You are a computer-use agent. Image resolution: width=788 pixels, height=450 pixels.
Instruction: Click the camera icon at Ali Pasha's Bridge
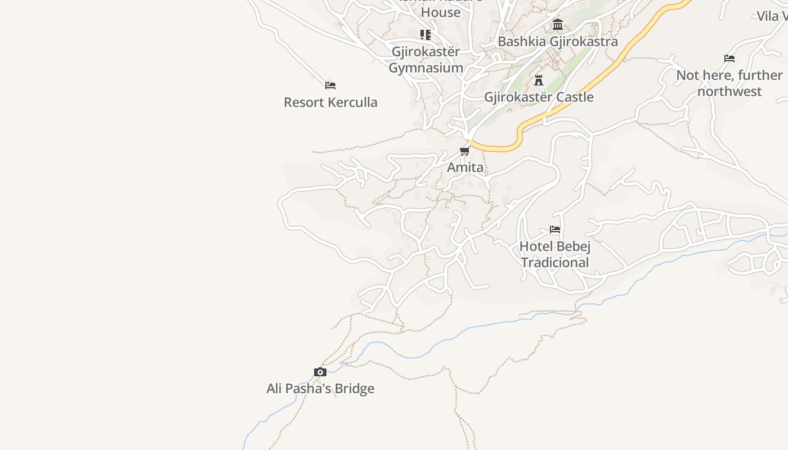[x=320, y=372]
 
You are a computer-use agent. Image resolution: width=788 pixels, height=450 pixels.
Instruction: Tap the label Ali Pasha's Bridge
[x=320, y=389]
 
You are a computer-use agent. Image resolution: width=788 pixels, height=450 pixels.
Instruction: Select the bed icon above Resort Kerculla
[x=330, y=85]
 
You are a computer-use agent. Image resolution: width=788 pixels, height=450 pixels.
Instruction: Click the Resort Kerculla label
[x=330, y=102]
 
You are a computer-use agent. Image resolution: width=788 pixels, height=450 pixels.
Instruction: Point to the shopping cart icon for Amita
[x=464, y=151]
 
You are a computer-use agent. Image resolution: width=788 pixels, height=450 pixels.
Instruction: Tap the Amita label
[x=465, y=168]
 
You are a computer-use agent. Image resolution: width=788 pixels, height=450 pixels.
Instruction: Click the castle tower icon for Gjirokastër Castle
[x=539, y=80]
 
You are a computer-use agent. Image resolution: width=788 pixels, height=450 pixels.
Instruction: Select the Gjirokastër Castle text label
[x=539, y=97]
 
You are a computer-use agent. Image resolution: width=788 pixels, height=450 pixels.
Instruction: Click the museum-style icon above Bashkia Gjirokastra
[x=558, y=24]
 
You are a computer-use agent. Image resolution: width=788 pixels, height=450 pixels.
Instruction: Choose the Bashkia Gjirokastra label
[x=557, y=41]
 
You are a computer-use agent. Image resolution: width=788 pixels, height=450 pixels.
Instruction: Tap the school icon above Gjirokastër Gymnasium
[x=426, y=35]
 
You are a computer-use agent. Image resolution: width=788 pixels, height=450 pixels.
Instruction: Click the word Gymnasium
[x=426, y=68]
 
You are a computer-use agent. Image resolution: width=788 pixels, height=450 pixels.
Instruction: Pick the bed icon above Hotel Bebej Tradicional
[x=555, y=229]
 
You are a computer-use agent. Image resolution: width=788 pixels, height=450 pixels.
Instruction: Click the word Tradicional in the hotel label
[x=555, y=263]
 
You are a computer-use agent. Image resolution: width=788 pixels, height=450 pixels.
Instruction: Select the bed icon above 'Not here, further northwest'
[x=729, y=58]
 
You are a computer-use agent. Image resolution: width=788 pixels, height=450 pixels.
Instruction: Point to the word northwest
[x=729, y=91]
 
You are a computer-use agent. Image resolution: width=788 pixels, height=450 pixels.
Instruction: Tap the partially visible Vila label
[x=772, y=16]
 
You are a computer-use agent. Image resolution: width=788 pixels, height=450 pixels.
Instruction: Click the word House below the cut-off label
[x=441, y=12]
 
